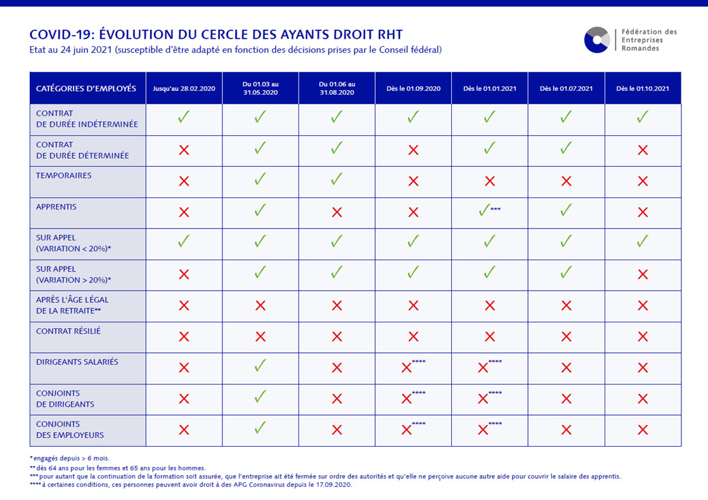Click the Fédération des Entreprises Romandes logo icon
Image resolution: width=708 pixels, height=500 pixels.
(596, 40)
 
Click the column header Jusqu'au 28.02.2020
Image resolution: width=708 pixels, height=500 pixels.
(184, 88)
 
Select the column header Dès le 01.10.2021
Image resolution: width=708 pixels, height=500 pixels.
(643, 88)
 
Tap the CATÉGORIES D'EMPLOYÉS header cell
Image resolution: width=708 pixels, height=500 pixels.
(86, 88)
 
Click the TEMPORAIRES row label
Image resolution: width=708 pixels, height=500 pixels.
(63, 176)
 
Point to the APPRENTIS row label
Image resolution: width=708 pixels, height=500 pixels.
(56, 207)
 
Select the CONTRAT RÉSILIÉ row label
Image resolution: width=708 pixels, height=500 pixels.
(68, 331)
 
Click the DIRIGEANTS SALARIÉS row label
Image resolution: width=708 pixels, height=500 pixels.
(77, 362)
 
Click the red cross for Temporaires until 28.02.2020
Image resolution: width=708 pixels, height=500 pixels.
(184, 181)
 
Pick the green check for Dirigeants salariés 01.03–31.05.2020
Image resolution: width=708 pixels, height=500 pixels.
(260, 367)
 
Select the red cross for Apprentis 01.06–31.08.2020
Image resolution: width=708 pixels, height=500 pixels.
(337, 213)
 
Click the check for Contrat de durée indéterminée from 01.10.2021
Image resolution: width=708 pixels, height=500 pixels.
(643, 117)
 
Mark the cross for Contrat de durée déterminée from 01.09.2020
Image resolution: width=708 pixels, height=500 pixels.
(413, 150)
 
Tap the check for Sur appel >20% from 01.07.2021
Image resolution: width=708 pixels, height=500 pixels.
(566, 273)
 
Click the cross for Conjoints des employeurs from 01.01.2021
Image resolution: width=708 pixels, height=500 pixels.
(484, 430)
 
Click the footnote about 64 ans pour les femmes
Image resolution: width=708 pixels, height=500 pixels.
(117, 468)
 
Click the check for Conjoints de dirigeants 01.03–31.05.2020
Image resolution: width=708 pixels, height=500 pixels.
(260, 398)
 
